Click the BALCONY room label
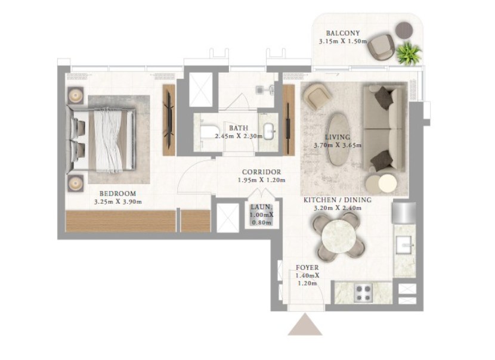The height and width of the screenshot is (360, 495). tap(343, 33)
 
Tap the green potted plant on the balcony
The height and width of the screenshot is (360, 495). tap(409, 52)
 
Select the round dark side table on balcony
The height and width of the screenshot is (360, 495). tap(404, 30)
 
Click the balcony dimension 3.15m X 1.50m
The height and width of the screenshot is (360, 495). tap(343, 41)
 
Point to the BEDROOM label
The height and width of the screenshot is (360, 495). tap(117, 194)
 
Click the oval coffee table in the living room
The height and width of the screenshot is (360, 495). tap(338, 139)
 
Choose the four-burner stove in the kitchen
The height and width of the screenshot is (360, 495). tap(363, 293)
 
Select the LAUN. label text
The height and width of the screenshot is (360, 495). tap(261, 207)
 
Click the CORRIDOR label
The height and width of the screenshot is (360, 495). tap(261, 172)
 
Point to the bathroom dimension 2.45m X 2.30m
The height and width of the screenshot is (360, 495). tap(239, 136)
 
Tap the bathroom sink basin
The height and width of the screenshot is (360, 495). tap(269, 131)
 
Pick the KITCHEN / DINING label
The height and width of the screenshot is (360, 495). tap(338, 200)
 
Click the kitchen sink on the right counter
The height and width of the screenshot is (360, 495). tap(404, 245)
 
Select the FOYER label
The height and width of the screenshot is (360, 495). tap(307, 268)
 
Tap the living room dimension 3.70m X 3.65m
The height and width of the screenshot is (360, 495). tap(338, 145)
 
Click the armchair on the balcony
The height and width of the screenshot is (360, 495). tap(381, 47)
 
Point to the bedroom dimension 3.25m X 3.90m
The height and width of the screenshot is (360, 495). tap(117, 202)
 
